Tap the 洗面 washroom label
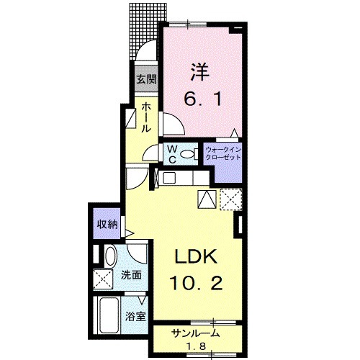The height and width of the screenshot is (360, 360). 130,274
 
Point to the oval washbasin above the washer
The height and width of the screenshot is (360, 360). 111,256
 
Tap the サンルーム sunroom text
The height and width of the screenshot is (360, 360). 195,333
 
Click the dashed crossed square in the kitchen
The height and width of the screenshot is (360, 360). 231,198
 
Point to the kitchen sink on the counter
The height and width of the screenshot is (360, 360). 171,178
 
